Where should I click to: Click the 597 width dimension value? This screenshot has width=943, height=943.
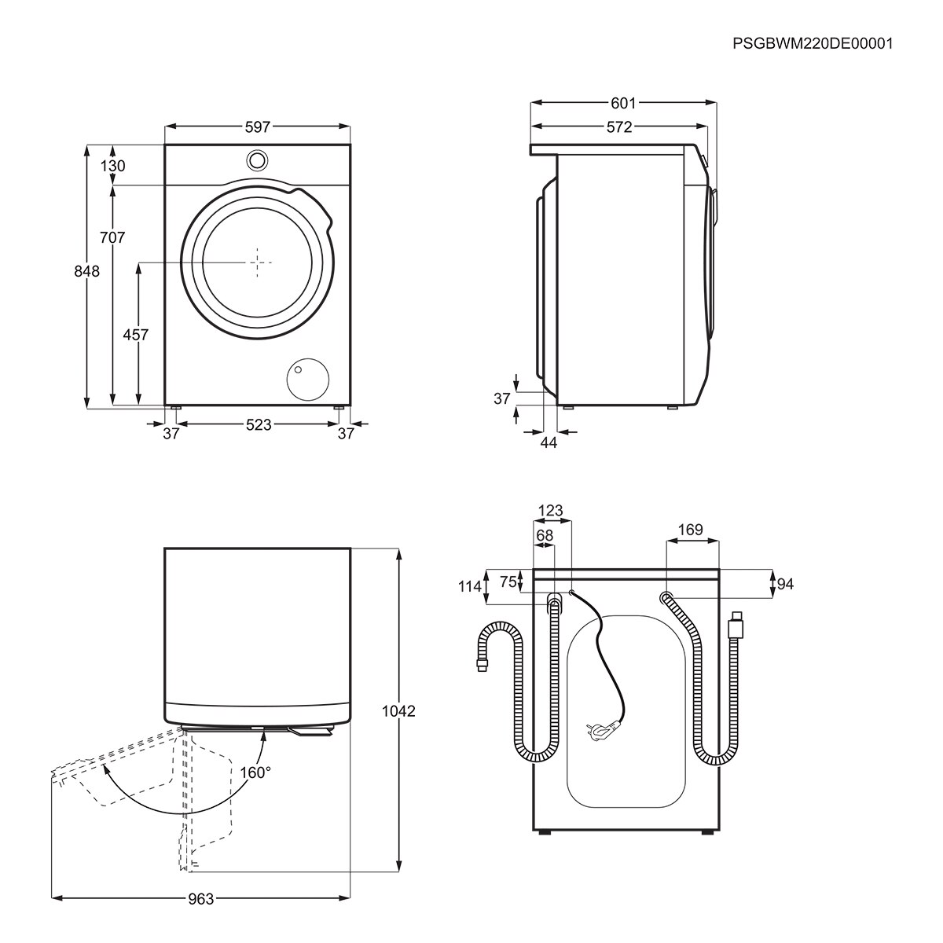(257, 127)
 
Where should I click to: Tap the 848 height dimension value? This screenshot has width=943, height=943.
(87, 271)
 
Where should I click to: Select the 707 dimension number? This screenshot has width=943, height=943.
(113, 237)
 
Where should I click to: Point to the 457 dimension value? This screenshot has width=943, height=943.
(135, 335)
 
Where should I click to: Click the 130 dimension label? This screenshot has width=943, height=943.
(113, 166)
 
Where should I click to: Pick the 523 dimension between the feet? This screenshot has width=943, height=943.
(258, 424)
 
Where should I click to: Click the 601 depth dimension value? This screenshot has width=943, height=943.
(622, 103)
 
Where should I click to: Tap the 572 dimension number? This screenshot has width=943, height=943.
(619, 127)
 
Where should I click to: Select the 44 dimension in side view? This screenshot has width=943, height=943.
(549, 443)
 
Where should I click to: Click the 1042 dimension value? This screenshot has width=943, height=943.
(398, 711)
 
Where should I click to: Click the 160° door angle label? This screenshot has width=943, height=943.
(255, 772)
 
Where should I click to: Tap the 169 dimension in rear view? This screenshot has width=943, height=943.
(690, 530)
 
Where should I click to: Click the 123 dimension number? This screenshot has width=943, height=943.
(550, 511)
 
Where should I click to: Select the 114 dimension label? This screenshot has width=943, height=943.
(469, 586)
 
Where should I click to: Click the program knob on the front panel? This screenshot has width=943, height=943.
(256, 160)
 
